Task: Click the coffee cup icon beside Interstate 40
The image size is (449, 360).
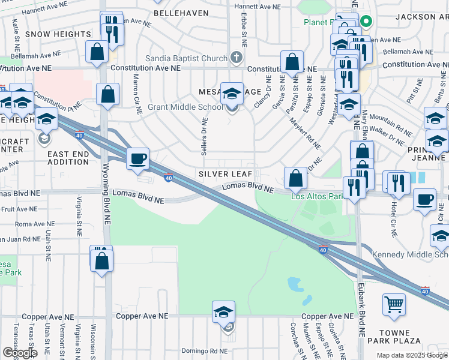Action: [139, 158]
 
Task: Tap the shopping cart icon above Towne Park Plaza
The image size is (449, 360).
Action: [394, 304]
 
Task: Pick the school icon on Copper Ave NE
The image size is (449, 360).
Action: [223, 312]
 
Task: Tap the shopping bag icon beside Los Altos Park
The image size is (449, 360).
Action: [295, 178]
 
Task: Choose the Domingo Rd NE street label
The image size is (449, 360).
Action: [205, 351]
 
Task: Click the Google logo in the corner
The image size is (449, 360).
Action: [19, 353]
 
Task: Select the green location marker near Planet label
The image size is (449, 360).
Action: [366, 22]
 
